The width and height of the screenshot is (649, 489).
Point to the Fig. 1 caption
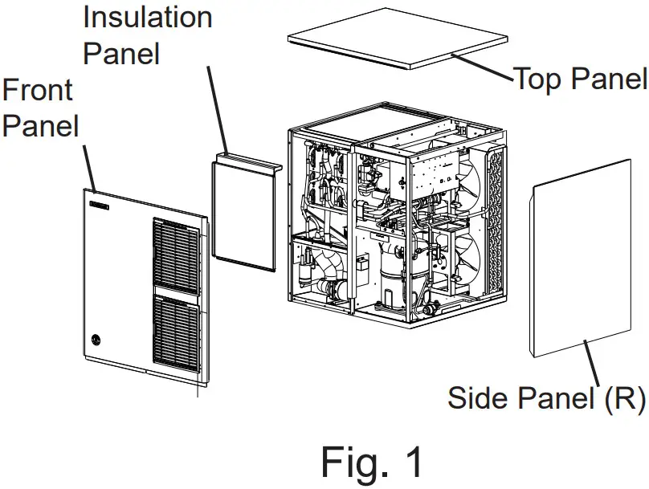pyautogui.click(x=371, y=462)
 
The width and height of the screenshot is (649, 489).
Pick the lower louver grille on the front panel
pyautogui.click(x=175, y=333)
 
